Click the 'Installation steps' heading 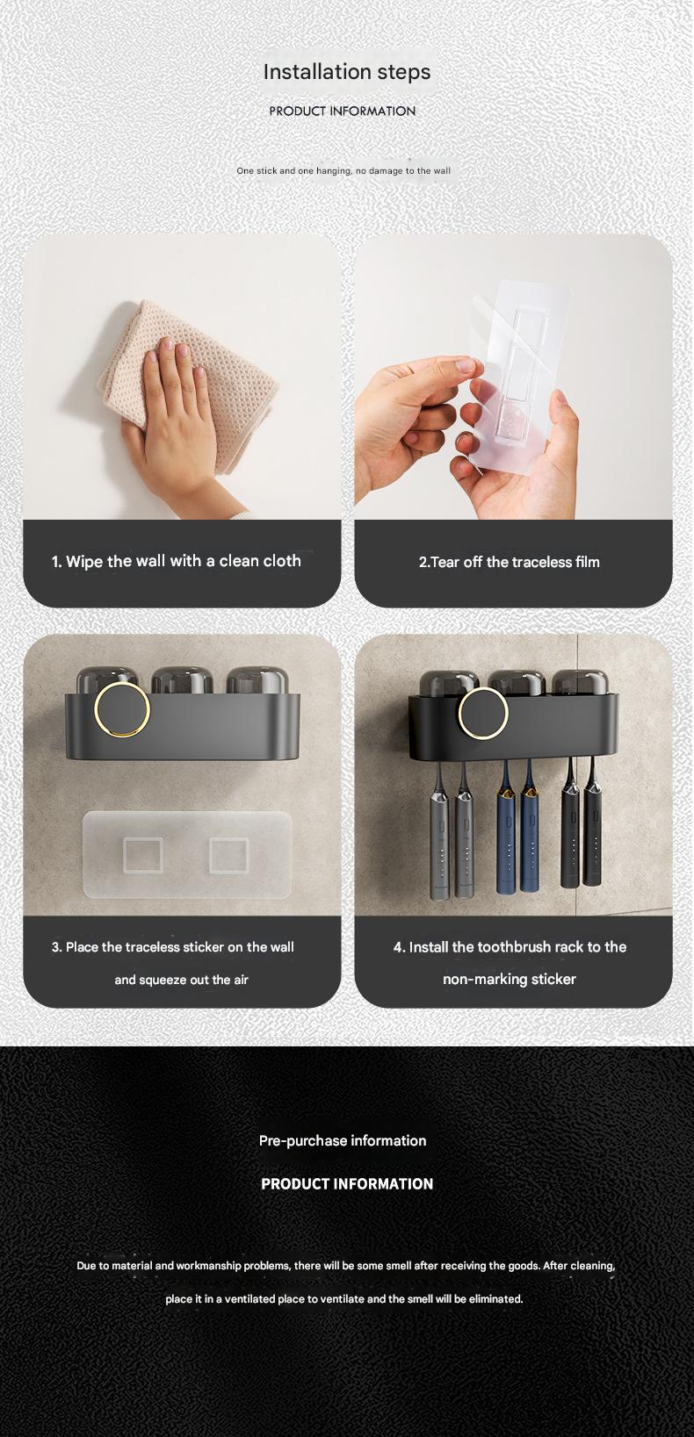(x=347, y=71)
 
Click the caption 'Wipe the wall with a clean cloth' (x=176, y=561)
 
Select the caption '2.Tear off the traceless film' (x=510, y=562)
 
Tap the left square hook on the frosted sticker (x=141, y=855)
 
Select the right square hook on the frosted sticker (x=228, y=855)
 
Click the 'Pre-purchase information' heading (x=343, y=1140)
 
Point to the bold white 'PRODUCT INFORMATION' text (x=347, y=1183)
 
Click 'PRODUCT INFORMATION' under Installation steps (x=343, y=111)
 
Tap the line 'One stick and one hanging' (x=343, y=170)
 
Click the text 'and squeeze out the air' (x=181, y=980)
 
